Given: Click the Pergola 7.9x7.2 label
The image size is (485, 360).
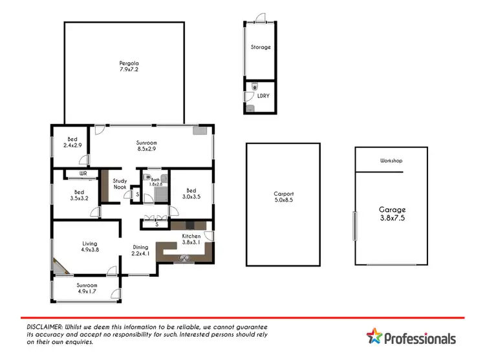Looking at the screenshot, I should (x=129, y=67).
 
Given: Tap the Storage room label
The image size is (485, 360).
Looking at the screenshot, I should (x=261, y=47).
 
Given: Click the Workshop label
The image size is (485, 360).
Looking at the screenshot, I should (x=392, y=160).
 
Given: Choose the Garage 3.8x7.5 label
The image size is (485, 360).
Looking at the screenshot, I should (x=392, y=214).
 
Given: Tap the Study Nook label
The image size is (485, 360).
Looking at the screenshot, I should (x=120, y=184).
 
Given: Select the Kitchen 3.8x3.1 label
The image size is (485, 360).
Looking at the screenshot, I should (x=191, y=240).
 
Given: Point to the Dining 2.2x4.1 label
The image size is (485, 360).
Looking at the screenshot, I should (x=141, y=251).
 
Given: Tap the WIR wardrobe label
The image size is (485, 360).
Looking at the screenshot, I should (x=83, y=174).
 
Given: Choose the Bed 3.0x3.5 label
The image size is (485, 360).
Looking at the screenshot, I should (x=191, y=194).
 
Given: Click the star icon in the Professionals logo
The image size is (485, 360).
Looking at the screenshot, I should (x=374, y=337).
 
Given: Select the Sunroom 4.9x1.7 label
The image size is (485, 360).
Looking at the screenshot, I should (x=86, y=288).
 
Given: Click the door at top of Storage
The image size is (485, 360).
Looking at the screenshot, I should (x=259, y=18).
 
